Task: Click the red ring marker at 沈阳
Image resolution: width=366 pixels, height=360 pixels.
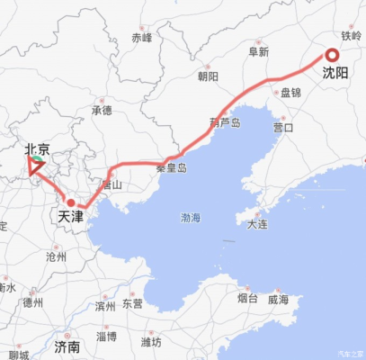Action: pos(332,56)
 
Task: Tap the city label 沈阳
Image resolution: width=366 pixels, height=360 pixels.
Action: pos(335,74)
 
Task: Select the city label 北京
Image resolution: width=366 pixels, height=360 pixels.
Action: pos(37,148)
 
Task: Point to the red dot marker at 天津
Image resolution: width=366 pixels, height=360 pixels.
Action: pos(70,202)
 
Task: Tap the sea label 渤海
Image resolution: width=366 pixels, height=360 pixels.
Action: pos(191,218)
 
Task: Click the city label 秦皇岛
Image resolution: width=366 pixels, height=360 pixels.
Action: pos(171,167)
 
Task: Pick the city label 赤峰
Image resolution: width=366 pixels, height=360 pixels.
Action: pos(142,38)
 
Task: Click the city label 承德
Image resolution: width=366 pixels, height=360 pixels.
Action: pos(102,111)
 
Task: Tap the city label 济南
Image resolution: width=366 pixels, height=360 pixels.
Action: pos(67,346)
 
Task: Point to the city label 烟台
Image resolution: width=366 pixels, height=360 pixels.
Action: pos(248,298)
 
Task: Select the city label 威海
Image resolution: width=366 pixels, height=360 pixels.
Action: pos(278,298)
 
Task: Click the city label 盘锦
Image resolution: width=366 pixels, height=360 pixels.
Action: pos(290,93)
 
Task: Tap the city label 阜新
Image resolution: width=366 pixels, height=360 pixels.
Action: pos(258,52)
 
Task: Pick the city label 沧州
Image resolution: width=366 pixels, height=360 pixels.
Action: pos(56,256)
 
